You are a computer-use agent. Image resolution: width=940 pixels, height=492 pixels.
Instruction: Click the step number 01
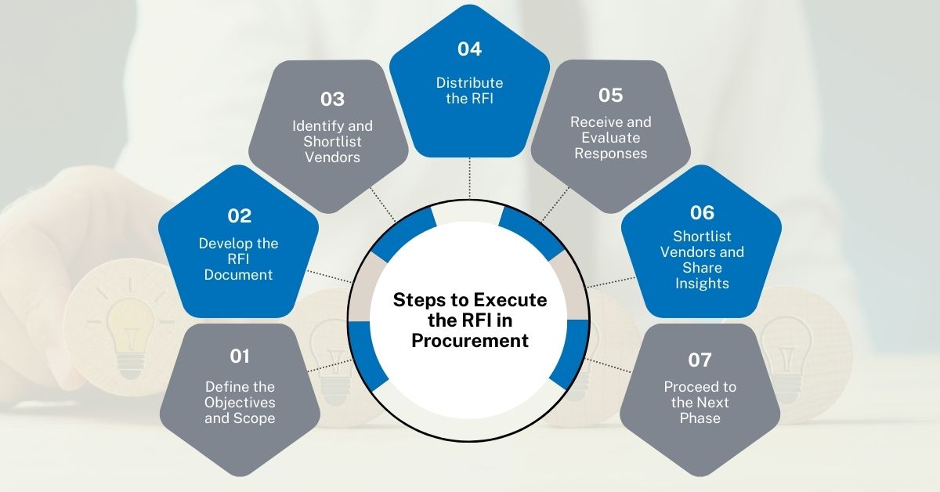coord(240,356)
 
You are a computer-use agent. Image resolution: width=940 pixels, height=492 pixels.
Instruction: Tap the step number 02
coord(239,215)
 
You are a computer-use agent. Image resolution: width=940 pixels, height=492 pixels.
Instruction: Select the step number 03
coord(332,99)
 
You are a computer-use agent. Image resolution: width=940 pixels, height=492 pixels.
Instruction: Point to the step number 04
coord(469,49)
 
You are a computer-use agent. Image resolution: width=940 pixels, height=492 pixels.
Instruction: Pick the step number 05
coord(610,96)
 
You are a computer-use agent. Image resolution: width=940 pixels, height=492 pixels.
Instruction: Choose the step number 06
coord(702,212)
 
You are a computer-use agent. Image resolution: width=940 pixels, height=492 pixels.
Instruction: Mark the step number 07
coord(700,360)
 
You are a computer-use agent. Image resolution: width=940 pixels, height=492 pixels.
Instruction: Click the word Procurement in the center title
coord(470,341)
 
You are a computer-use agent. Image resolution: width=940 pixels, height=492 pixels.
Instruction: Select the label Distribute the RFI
coord(469,91)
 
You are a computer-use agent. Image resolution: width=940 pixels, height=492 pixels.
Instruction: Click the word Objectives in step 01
coord(240,402)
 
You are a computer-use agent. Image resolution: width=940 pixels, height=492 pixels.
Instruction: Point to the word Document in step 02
coord(239,274)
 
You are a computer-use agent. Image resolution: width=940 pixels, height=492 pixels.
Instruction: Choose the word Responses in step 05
coord(611,154)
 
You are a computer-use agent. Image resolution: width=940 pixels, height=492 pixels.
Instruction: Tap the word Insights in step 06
coord(702,284)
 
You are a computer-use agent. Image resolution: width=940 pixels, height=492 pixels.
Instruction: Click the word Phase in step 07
coord(700,418)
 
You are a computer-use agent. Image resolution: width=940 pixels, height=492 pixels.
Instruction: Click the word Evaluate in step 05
coord(611,138)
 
